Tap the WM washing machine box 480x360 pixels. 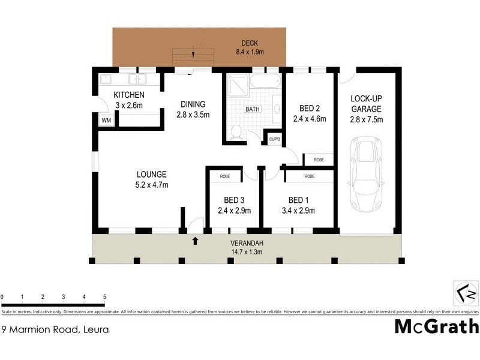106,121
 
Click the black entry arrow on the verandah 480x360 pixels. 194,241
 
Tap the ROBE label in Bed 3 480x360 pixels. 225,176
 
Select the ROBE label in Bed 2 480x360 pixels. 319,160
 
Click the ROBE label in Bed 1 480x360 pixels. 310,176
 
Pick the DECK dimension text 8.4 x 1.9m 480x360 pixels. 250,52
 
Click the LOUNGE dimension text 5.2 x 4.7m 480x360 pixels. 151,185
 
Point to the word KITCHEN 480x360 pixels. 129,95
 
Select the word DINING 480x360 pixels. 193,104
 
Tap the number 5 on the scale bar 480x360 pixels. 104,297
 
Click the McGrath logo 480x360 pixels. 436,326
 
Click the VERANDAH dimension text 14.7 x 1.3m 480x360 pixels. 247,252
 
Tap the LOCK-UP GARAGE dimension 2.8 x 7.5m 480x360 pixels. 366,119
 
